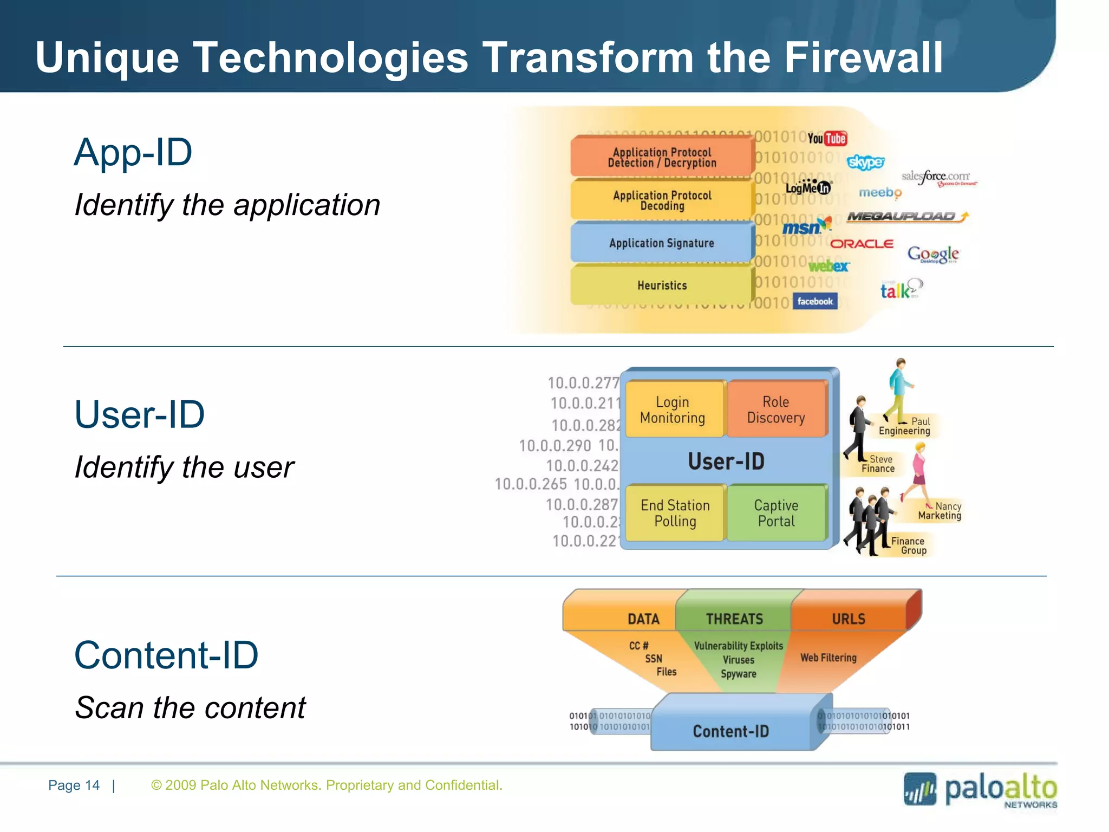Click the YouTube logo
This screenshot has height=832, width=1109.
(827, 139)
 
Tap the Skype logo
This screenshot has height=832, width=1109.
(865, 162)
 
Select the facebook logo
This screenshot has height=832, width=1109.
(815, 301)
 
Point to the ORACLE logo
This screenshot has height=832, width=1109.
(862, 244)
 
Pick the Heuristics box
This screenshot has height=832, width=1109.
(662, 285)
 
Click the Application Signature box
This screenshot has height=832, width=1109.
(662, 243)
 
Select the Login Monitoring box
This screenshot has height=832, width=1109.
(673, 409)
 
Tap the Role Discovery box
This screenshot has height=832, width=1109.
(776, 409)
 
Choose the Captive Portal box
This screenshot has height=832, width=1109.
(776, 513)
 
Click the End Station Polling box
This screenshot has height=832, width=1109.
(675, 513)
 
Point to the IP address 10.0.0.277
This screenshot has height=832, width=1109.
(583, 383)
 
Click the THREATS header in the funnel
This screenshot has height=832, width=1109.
(734, 619)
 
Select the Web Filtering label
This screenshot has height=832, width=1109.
(829, 658)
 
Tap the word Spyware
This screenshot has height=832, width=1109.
(739, 674)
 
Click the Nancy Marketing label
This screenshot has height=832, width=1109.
(941, 511)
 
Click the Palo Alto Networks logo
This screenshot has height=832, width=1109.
(980, 790)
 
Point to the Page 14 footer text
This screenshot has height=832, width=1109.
(74, 785)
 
